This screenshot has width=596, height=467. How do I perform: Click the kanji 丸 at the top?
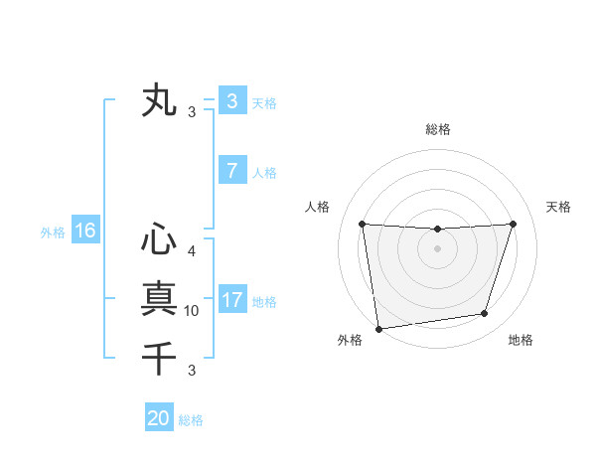coord(159,101)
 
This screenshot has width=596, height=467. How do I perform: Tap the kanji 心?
coord(159,239)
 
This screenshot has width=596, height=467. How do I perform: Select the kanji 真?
coord(159,298)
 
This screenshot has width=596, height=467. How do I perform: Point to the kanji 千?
coord(159,356)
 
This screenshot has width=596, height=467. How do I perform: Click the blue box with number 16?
coord(84,232)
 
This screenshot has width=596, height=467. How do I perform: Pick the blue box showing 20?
coord(159,418)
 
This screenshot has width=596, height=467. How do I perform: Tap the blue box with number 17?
coord(231,300)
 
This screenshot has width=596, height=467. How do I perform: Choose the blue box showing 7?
coord(231,171)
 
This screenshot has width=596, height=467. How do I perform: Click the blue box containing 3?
coord(231,101)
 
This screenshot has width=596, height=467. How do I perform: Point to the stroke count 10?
coord(192,311)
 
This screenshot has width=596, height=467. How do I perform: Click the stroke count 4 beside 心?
coord(192,251)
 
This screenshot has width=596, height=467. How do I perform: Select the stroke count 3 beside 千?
coord(192,371)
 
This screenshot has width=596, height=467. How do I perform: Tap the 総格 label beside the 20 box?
coord(191,420)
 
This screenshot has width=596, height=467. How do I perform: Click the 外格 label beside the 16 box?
coord(53,233)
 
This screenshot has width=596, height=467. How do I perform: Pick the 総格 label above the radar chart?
coord(437,129)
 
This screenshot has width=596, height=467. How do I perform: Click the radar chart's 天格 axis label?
coord(559,207)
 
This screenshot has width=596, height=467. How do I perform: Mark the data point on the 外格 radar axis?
coord(378,329)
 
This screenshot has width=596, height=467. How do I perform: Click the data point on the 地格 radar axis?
coord(485,314)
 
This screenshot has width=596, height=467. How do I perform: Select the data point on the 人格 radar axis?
coord(362,224)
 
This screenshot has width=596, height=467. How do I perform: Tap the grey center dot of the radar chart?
coord(437,248)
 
